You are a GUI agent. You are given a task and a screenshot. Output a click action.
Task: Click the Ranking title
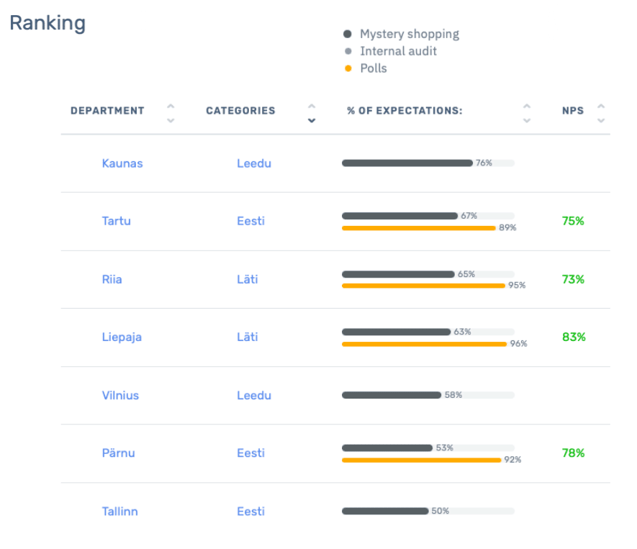click(48, 22)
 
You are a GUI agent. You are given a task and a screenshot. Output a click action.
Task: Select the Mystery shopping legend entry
click(409, 34)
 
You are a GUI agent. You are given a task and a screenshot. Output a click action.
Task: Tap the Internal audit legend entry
click(398, 51)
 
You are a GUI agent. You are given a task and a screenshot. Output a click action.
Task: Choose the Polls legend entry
click(373, 68)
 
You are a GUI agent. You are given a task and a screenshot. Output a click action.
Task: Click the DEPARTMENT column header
click(107, 111)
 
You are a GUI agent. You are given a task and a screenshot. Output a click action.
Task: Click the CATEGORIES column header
click(240, 111)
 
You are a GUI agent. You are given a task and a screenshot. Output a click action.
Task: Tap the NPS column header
click(573, 111)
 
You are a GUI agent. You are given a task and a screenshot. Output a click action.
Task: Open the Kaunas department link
click(122, 163)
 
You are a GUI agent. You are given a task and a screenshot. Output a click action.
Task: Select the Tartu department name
click(117, 221)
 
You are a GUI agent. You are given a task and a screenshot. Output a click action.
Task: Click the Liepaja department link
click(122, 337)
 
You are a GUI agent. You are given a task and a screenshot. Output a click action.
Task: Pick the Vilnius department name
click(120, 395)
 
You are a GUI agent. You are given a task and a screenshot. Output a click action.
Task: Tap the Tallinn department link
click(119, 512)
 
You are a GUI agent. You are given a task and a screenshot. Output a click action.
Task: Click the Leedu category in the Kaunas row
click(254, 163)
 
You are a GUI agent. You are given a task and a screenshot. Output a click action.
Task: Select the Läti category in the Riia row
click(247, 279)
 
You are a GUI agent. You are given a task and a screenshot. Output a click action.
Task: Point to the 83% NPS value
click(574, 337)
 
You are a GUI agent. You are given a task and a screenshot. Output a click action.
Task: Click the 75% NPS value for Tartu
click(573, 221)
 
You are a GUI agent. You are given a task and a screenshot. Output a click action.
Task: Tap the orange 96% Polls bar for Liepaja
click(424, 344)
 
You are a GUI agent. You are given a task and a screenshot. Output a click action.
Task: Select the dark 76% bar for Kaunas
click(407, 163)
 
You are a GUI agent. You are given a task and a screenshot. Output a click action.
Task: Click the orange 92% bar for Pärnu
click(421, 460)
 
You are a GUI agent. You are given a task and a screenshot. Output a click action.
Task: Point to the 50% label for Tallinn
click(440, 511)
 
